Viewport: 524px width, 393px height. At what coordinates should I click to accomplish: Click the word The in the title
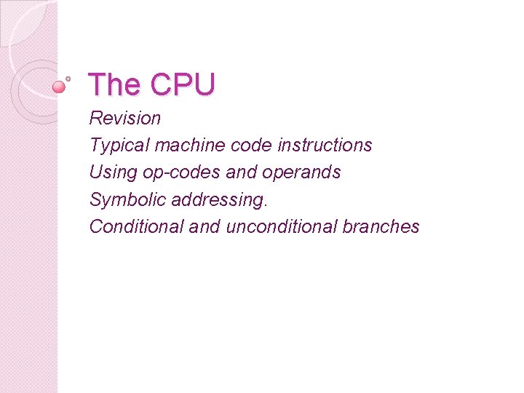point(115,85)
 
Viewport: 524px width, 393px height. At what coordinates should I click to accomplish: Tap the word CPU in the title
point(183,85)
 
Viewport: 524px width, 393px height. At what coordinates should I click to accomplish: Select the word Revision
point(125,118)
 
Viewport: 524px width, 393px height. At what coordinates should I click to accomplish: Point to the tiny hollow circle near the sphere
point(68,77)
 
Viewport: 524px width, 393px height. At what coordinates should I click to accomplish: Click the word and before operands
point(244,172)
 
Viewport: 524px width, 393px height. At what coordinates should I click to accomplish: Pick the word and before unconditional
point(205,226)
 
